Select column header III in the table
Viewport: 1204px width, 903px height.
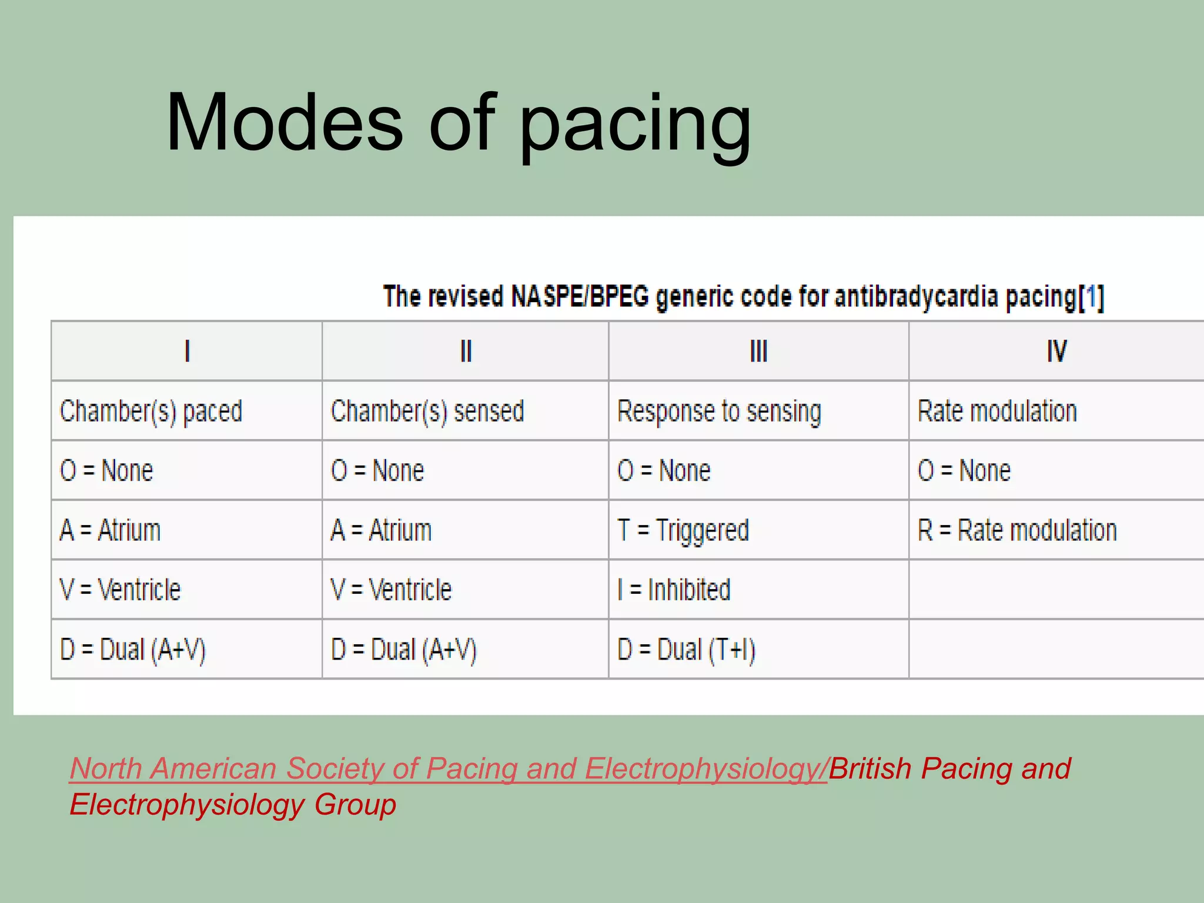758,352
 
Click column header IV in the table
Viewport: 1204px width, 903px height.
1056,352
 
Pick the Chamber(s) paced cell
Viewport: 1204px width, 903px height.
151,411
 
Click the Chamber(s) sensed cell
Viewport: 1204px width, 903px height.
427,411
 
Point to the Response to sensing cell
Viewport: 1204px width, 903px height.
719,411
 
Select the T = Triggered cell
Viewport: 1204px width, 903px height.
683,530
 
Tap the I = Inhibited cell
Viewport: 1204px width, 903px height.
674,590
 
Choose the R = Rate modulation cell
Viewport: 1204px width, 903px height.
1017,530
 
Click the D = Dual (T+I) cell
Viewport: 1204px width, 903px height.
686,650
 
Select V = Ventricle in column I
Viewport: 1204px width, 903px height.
121,590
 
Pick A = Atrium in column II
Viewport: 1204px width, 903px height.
381,530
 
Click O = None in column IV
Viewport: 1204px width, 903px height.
964,470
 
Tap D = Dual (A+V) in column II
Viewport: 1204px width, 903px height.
403,650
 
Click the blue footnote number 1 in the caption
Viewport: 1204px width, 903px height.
1092,297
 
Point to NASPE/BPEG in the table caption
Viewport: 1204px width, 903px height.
580,296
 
